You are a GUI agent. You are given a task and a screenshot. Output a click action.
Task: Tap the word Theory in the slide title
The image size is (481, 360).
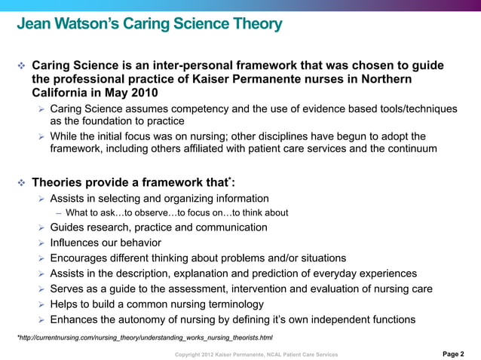tap(250, 25)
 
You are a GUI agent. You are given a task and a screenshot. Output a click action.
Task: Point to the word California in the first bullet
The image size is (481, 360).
tap(60, 93)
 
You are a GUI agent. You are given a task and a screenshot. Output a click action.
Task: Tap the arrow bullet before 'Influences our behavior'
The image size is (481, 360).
tap(42, 243)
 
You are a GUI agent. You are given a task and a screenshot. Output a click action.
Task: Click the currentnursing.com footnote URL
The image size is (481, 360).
tap(146, 337)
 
